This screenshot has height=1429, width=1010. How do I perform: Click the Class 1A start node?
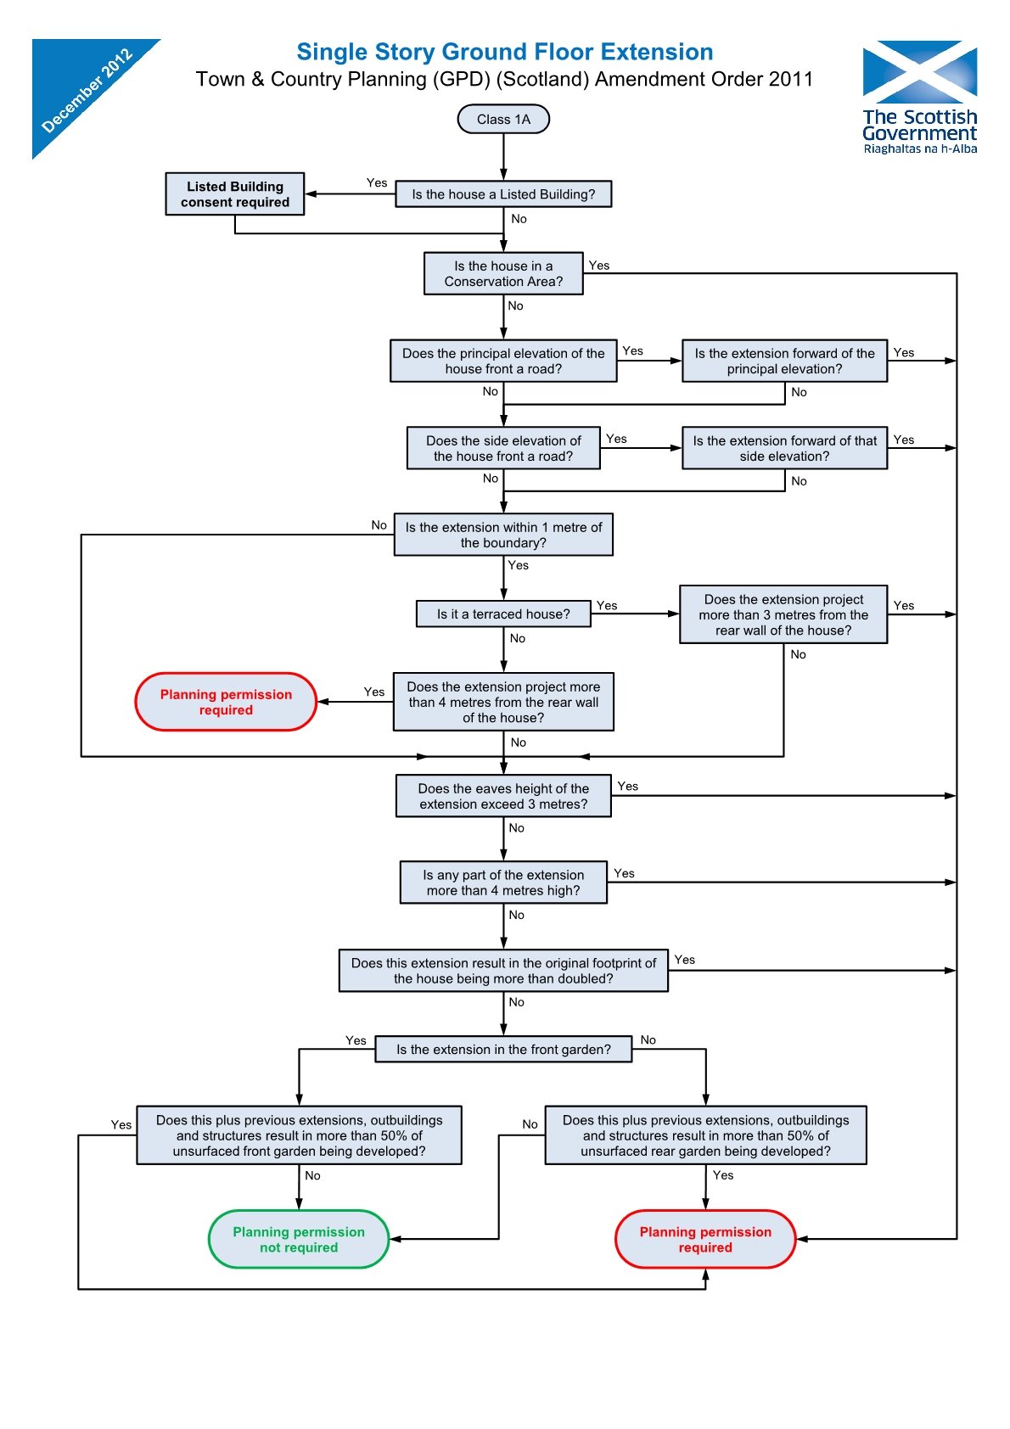click(503, 119)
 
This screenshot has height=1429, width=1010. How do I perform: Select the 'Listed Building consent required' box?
click(235, 194)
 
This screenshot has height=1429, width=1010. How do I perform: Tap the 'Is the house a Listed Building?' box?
click(503, 194)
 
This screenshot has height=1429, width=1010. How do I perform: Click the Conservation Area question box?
click(503, 273)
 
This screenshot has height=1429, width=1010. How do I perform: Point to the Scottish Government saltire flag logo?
click(919, 71)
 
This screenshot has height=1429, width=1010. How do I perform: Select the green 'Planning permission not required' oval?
click(299, 1239)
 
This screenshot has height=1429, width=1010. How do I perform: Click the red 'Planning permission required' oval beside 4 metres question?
click(226, 702)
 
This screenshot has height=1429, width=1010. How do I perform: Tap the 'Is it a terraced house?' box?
click(503, 614)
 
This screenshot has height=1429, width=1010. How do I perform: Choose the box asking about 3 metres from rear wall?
click(783, 614)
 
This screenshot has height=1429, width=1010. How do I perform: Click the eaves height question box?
click(503, 796)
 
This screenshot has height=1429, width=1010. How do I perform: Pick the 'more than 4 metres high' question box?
click(503, 883)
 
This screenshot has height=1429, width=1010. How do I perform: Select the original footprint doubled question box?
click(503, 970)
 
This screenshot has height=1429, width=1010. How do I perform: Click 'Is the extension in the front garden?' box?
click(503, 1049)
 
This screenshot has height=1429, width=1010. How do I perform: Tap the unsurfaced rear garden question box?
click(705, 1135)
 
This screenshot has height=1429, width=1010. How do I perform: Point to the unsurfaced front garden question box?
click(299, 1135)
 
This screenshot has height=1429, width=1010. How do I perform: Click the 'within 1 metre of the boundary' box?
click(503, 535)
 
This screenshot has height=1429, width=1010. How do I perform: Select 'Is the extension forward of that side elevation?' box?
click(784, 448)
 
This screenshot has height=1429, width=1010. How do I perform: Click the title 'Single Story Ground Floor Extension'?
click(504, 52)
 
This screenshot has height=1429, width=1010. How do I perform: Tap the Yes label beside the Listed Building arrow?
click(377, 182)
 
